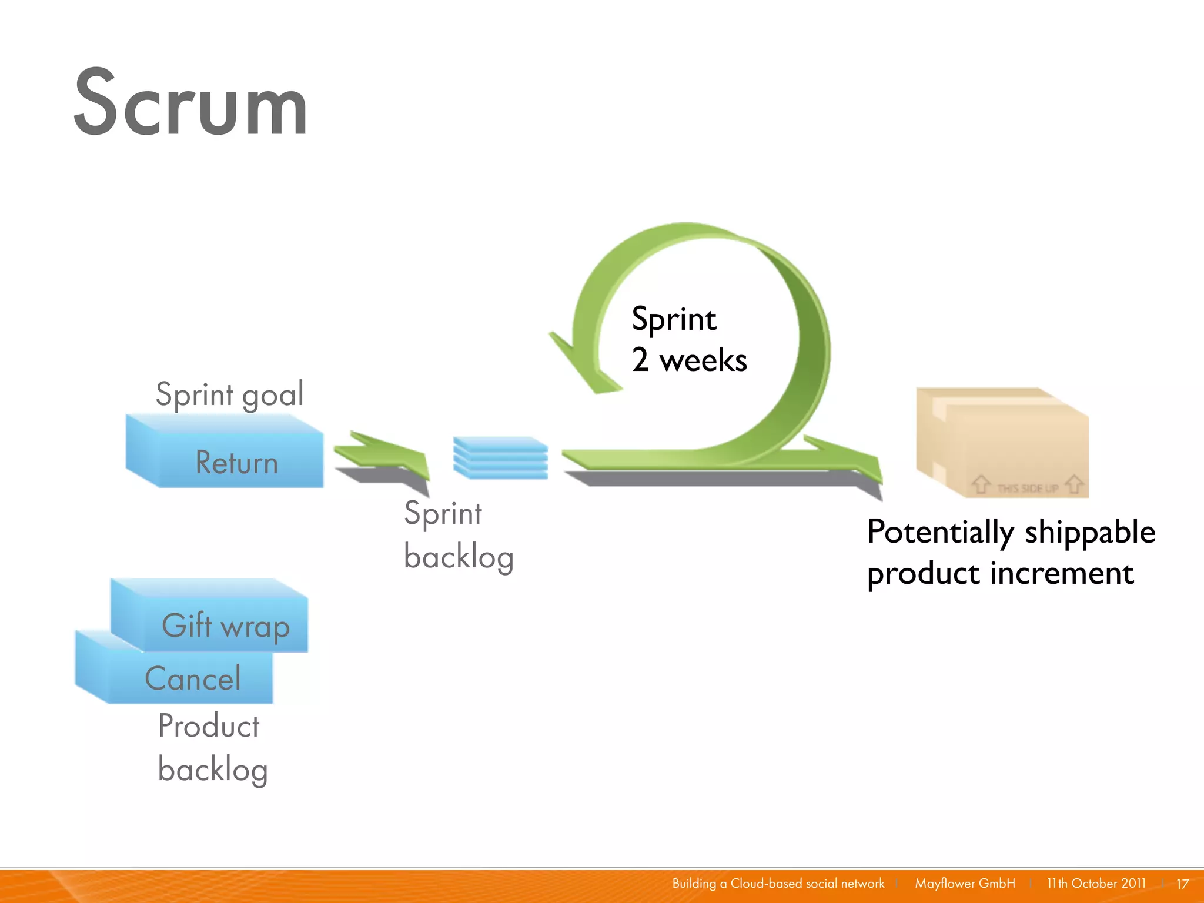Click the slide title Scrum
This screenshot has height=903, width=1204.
pyautogui.click(x=190, y=103)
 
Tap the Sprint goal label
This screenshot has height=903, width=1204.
pyautogui.click(x=229, y=394)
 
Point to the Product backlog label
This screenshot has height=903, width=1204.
pyautogui.click(x=212, y=747)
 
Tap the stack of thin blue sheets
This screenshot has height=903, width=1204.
pyautogui.click(x=500, y=457)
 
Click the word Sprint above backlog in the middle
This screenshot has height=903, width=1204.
pyautogui.click(x=443, y=513)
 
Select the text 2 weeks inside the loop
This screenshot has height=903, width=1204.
pyautogui.click(x=689, y=360)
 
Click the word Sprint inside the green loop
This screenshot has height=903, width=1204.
pyautogui.click(x=674, y=319)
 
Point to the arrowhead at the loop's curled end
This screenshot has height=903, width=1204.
pyautogui.click(x=582, y=367)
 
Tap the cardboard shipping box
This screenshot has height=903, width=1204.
pyautogui.click(x=1002, y=442)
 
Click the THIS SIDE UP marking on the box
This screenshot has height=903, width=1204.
pyautogui.click(x=1027, y=488)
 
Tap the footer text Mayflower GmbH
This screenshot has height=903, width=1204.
pyautogui.click(x=965, y=883)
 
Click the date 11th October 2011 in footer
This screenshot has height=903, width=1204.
pyautogui.click(x=1096, y=883)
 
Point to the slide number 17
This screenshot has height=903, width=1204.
pyautogui.click(x=1182, y=884)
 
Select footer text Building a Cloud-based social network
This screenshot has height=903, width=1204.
pyautogui.click(x=778, y=883)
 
